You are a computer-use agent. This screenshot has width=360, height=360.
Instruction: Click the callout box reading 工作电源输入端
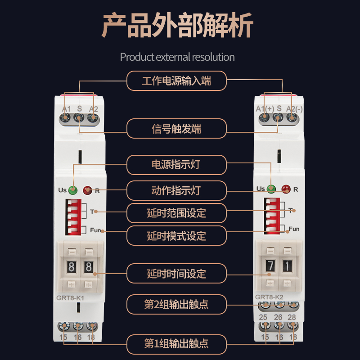pos(176,81)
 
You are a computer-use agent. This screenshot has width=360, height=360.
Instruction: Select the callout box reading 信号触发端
pos(176,129)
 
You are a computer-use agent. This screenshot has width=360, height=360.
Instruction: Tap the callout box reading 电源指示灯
pos(176,165)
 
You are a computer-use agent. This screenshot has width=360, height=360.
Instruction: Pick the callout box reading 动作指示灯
pos(176,190)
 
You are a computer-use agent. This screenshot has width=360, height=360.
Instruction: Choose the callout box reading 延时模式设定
pos(176,235)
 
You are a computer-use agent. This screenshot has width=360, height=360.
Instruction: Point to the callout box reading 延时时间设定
pos(176,274)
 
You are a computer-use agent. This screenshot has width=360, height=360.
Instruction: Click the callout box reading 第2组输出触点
pos(176,305)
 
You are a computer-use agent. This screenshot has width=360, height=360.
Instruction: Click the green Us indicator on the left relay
pos(73,190)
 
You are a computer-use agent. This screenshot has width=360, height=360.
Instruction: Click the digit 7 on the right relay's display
pos(270,265)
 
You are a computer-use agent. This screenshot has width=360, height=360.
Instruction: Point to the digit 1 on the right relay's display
pos(287,265)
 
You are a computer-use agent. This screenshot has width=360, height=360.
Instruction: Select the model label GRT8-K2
pos(270,297)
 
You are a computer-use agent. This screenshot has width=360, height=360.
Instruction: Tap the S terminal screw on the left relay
pos(79,118)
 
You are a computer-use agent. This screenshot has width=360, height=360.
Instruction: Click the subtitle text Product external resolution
pos(177,57)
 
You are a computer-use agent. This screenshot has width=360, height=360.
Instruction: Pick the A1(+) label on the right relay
pos(265,108)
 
